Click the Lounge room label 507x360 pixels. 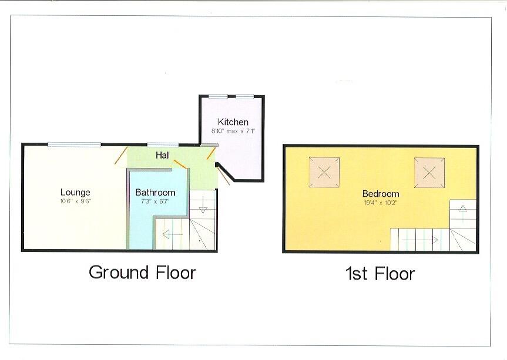tap(75, 192)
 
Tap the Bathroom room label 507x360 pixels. tap(155, 192)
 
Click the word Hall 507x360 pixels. tap(163, 156)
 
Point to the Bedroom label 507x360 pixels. tap(380, 194)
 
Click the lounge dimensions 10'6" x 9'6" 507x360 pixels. tap(75, 201)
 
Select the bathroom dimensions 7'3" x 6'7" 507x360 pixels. tap(155, 201)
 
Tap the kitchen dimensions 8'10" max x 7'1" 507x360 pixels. tap(233, 131)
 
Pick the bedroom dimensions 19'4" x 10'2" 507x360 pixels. tap(380, 203)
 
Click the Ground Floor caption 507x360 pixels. tap(142, 272)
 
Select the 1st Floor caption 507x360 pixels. tap(380, 274)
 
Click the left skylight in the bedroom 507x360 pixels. tap(325, 172)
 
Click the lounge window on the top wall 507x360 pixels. tap(74, 144)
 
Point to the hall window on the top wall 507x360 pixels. tap(163, 144)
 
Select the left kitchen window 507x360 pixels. tap(219, 96)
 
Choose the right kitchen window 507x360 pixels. tap(245, 96)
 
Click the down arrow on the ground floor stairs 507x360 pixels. tap(202, 206)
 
